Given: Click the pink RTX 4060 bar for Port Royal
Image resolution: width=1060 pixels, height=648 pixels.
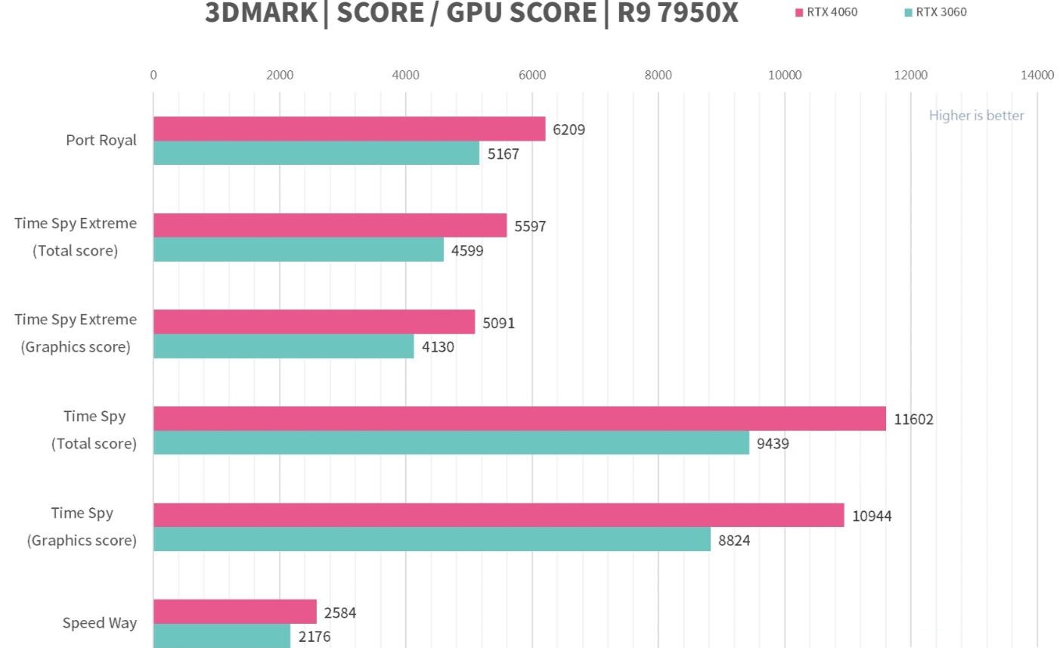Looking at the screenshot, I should tap(349, 129).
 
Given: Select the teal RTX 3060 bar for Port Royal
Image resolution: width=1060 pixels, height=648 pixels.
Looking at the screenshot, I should tap(316, 153).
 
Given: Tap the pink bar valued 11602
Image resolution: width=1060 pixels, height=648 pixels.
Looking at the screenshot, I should tap(519, 419).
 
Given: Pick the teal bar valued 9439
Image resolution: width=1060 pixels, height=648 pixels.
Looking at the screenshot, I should tap(451, 443).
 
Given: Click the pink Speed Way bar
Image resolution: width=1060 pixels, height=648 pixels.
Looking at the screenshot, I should tap(235, 612).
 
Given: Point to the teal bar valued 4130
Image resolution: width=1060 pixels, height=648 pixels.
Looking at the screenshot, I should tap(284, 346).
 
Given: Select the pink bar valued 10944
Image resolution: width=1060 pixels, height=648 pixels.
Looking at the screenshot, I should tap(498, 516).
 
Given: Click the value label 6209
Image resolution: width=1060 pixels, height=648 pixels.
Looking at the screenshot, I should tap(569, 129).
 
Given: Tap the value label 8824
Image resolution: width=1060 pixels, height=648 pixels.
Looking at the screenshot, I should tap(734, 540).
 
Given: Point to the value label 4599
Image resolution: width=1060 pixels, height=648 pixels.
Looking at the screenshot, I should tap(467, 250).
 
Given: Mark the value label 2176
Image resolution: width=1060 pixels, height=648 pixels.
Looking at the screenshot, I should tap(314, 637).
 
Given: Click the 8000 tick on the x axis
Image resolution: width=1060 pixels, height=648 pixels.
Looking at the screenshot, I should tap(658, 75).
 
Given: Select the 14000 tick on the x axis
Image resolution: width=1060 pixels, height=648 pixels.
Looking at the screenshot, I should tap(1037, 75).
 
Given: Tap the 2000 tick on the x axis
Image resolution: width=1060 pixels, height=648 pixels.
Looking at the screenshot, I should tap(280, 75).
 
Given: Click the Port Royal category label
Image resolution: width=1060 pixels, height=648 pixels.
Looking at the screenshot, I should tap(101, 140).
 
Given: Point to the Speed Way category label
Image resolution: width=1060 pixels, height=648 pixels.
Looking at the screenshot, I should tap(100, 623).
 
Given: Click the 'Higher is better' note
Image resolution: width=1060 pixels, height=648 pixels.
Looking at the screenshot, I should tap(976, 116).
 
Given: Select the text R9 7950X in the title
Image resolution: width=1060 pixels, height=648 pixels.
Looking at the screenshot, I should tap(677, 13).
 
